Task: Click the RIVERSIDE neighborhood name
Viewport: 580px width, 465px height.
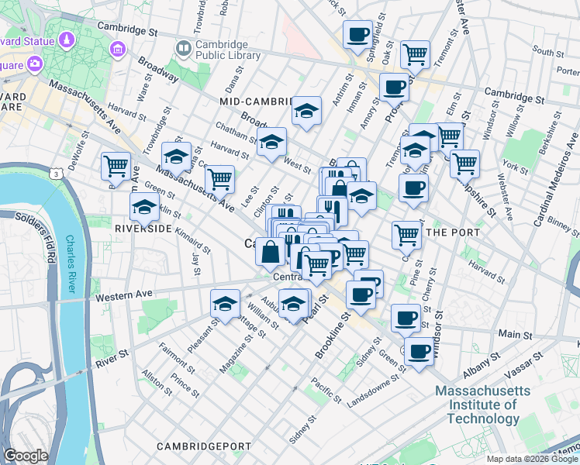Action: (x=143, y=229)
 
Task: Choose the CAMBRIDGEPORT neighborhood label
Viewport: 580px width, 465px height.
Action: (x=204, y=446)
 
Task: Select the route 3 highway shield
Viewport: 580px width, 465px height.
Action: (x=58, y=174)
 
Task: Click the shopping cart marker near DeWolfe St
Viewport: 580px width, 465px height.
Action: (x=116, y=164)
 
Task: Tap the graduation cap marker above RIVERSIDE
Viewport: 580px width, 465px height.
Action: (x=145, y=207)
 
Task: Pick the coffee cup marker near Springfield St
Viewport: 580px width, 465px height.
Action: (x=357, y=34)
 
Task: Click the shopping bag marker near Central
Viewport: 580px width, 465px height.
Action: (x=269, y=251)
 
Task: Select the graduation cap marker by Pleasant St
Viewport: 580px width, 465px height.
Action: (x=225, y=302)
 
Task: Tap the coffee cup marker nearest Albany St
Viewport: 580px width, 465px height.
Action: (x=419, y=350)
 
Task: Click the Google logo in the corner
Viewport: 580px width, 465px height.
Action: (x=26, y=456)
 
